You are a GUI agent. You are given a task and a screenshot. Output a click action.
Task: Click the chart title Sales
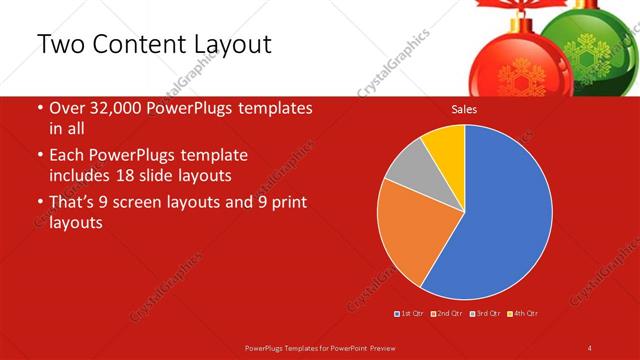(x=464, y=109)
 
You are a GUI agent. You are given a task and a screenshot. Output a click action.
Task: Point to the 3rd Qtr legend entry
(x=487, y=314)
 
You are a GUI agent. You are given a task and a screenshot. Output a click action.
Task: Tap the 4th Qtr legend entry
(x=525, y=314)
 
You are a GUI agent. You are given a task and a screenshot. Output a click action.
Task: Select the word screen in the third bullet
(x=162, y=203)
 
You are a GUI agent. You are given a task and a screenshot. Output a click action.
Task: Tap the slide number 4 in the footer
(x=590, y=347)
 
